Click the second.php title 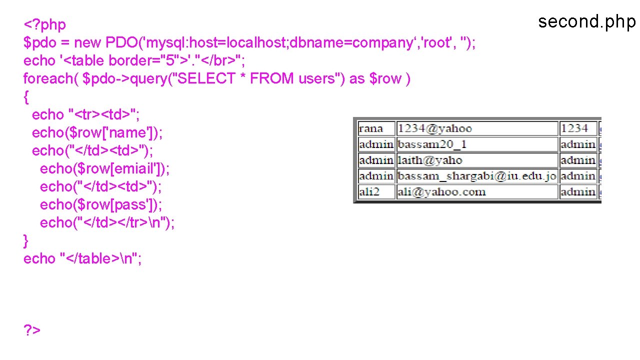tap(586, 22)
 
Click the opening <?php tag tap(44, 24)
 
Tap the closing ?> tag tap(32, 330)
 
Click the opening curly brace tap(26, 96)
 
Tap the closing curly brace tap(26, 240)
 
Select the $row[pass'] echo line tap(101, 204)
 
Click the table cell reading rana tap(370, 128)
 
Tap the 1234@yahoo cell tap(435, 128)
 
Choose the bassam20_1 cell tap(432, 144)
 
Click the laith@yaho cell tap(430, 160)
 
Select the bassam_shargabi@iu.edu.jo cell tap(477, 176)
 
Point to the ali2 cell tap(369, 192)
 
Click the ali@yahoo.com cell tap(441, 192)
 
